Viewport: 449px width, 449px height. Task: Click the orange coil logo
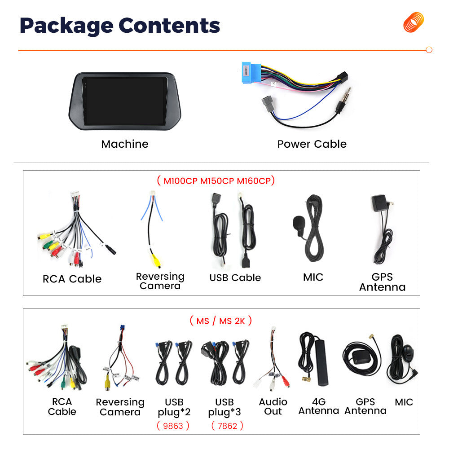pos(414,22)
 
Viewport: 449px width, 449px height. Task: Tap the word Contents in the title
pos(169,26)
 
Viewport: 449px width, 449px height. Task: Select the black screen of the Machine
pos(124,101)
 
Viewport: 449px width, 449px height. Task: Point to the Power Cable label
pos(312,144)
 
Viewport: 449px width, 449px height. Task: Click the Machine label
pos(125,144)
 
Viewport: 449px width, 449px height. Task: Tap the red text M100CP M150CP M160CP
pos(217,180)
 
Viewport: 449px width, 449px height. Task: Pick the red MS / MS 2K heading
pos(220,321)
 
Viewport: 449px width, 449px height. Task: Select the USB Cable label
pos(235,277)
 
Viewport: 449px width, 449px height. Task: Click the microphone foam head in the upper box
pos(299,223)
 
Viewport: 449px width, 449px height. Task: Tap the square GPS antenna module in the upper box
pos(379,203)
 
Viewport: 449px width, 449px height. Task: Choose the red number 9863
pos(173,426)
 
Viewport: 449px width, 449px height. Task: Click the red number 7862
pos(227,426)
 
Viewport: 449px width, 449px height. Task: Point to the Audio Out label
pos(273,407)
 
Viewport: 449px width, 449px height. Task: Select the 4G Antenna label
pos(319,406)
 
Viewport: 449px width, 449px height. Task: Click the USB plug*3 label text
pos(224,407)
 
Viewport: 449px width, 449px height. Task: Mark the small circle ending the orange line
pos(429,50)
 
